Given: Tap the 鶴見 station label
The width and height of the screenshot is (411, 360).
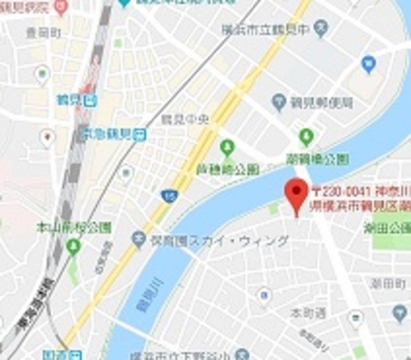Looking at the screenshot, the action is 77,100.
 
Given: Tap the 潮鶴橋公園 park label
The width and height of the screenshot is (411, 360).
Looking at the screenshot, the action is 326,158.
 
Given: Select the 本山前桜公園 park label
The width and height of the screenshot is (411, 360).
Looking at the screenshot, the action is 73,227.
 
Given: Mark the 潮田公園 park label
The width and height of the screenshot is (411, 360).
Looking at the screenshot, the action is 387,227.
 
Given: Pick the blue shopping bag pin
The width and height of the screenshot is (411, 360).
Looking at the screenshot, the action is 368,64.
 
